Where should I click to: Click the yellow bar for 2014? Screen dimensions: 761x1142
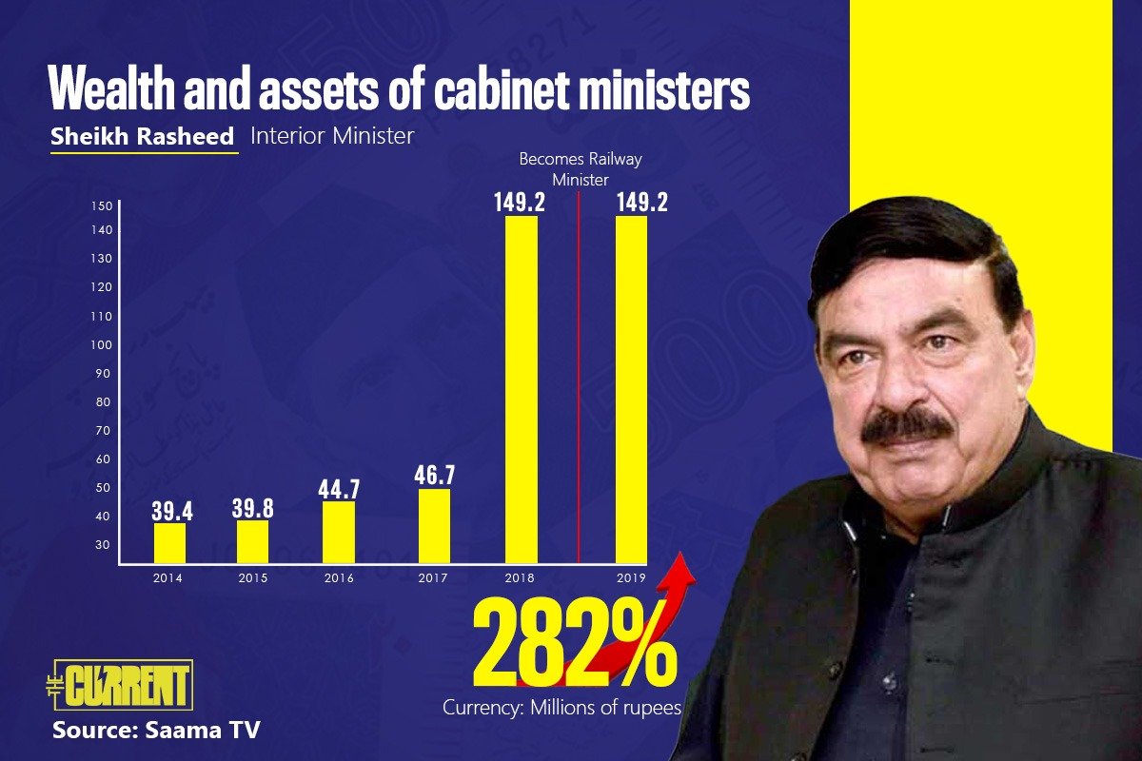(x=169, y=543)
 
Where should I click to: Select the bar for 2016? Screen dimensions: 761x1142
(x=339, y=533)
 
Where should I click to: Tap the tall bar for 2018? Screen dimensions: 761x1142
(x=521, y=390)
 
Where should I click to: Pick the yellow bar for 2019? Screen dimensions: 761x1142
(x=631, y=390)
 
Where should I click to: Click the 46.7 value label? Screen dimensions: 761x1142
(x=434, y=476)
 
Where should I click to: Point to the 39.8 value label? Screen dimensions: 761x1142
(x=252, y=508)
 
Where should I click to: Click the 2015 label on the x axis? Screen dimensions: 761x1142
(x=252, y=578)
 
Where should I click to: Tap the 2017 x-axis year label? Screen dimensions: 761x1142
(x=434, y=578)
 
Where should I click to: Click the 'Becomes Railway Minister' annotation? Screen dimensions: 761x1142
(x=580, y=168)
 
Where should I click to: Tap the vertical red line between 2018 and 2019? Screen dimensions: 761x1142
(x=579, y=380)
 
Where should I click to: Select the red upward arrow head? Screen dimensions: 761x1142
(x=682, y=566)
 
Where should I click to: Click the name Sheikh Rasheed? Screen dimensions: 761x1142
(x=143, y=136)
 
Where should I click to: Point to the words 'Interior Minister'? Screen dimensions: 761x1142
(x=332, y=136)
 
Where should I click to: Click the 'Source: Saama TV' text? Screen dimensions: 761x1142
(x=156, y=731)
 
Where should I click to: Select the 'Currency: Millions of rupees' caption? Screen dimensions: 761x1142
(x=562, y=709)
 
